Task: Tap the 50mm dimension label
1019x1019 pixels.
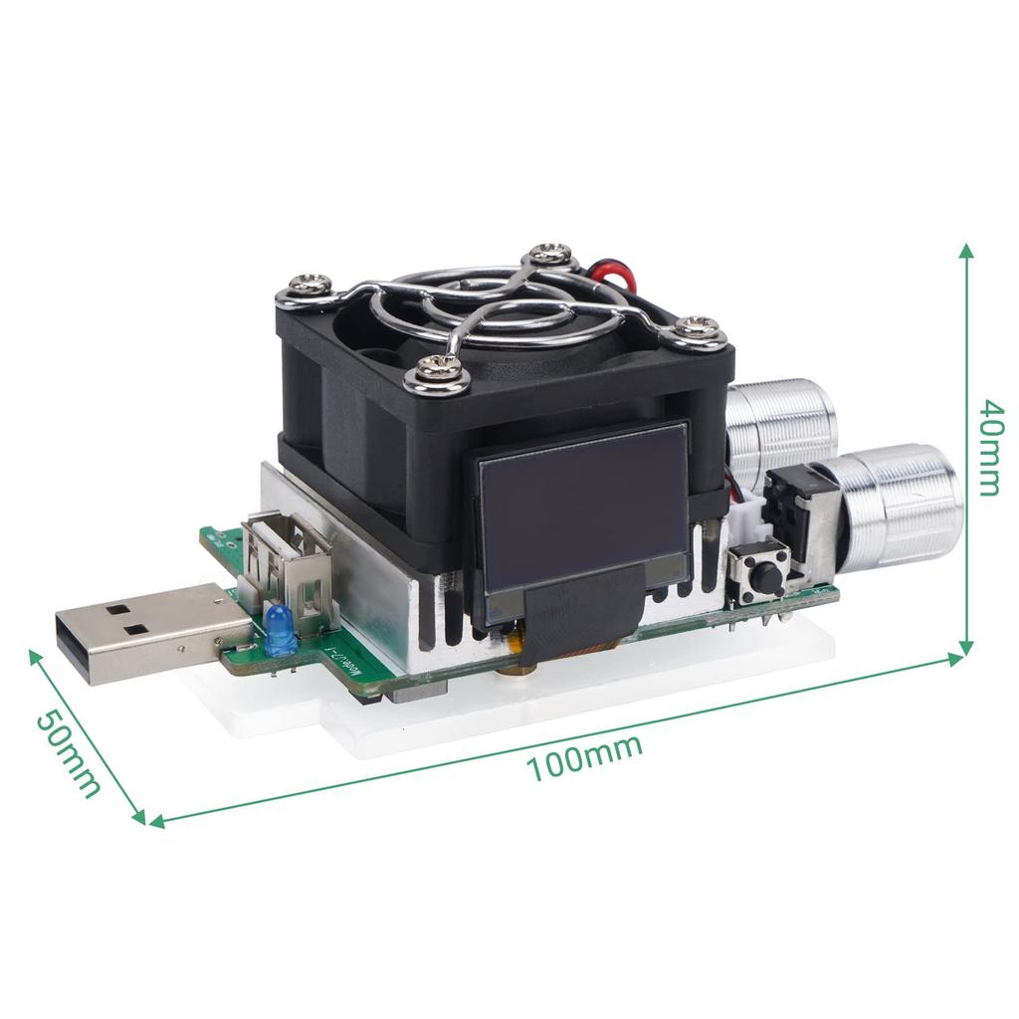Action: click(x=69, y=753)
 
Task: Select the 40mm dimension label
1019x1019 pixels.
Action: click(x=989, y=447)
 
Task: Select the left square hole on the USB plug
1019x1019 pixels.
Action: click(x=115, y=608)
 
